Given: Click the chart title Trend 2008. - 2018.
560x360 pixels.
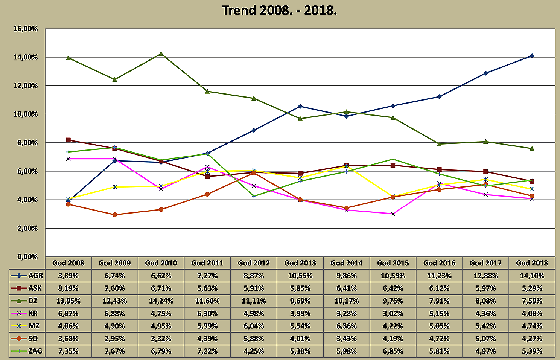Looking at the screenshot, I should coord(279,10).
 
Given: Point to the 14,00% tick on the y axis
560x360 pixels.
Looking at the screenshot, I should coord(26,57).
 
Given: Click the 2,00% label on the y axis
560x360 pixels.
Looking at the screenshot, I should coord(26,228).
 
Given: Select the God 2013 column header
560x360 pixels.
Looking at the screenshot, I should coord(300,263).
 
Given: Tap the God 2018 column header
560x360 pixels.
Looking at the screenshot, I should coord(532,263).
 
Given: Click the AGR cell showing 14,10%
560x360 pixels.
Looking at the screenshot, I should coord(532,276).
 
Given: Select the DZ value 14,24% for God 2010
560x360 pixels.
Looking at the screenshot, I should coord(161,301).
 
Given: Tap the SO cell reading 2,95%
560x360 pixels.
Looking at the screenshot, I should coord(114,339).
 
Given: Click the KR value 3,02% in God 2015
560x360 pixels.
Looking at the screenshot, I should coord(393,313).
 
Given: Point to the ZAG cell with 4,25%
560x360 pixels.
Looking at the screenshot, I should coord(254,351).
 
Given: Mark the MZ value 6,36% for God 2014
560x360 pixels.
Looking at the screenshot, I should coord(346,326).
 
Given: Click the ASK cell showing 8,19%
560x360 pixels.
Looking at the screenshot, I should coord(68,288).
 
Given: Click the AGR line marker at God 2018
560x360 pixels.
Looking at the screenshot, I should coord(532,56).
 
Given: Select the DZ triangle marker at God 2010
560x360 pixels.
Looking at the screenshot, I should coord(161,54).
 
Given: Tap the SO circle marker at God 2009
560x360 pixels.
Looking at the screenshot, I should coord(115,215).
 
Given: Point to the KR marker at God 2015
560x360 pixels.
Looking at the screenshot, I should coord(393,214).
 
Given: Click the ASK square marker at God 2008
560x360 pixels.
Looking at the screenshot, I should coord(68,140).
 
